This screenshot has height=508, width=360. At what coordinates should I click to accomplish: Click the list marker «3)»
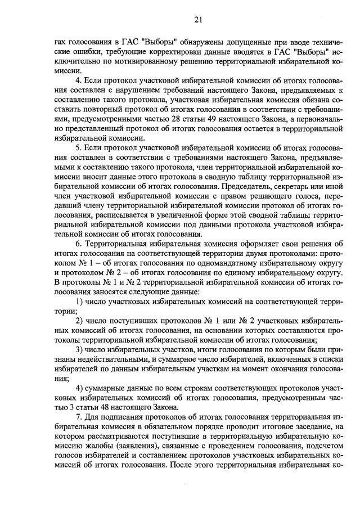pos(79,352)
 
